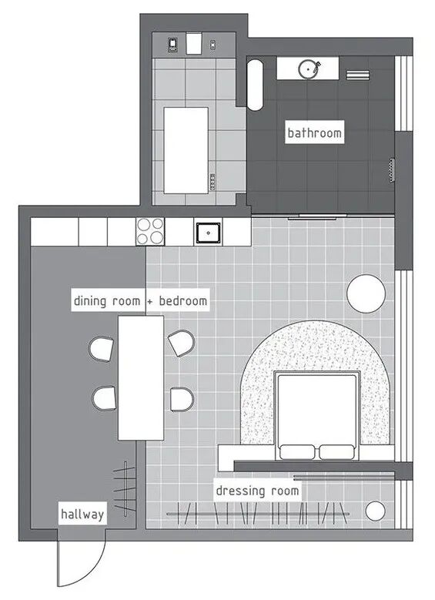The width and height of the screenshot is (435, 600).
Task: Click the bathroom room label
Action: pyautogui.click(x=314, y=132)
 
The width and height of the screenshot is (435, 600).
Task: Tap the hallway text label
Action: pyautogui.click(x=82, y=514)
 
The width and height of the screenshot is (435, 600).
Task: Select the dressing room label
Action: pyautogui.click(x=257, y=490)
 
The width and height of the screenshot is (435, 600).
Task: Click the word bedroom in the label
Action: pyautogui.click(x=183, y=300)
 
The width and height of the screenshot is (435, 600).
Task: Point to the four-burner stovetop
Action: pyautogui.click(x=150, y=232)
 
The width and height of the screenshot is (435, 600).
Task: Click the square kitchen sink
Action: pyautogui.click(x=208, y=233)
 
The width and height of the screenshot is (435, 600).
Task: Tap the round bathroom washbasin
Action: pyautogui.click(x=309, y=69)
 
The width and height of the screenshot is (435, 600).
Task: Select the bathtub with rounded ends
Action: pyautogui.click(x=255, y=84)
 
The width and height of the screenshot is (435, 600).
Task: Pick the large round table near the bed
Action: pyautogui.click(x=366, y=293)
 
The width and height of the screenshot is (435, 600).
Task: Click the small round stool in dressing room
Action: pyautogui.click(x=375, y=511)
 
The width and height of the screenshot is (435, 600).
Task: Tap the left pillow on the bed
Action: pyautogui.click(x=296, y=452)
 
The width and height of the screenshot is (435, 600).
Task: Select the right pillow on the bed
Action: pyautogui.click(x=336, y=452)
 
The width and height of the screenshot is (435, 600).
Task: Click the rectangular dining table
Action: pyautogui.click(x=141, y=377)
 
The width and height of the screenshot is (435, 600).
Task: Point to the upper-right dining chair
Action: pyautogui.click(x=181, y=343)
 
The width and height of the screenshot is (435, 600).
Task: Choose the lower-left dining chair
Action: pyautogui.click(x=105, y=398)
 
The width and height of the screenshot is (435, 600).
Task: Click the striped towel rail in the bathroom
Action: pyautogui.click(x=358, y=75)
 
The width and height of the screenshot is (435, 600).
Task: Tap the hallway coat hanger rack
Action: pyautogui.click(x=125, y=487)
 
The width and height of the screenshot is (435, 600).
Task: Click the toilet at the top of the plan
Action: pyautogui.click(x=193, y=43)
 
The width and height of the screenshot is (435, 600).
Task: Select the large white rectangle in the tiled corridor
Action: pyautogui.click(x=186, y=150)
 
